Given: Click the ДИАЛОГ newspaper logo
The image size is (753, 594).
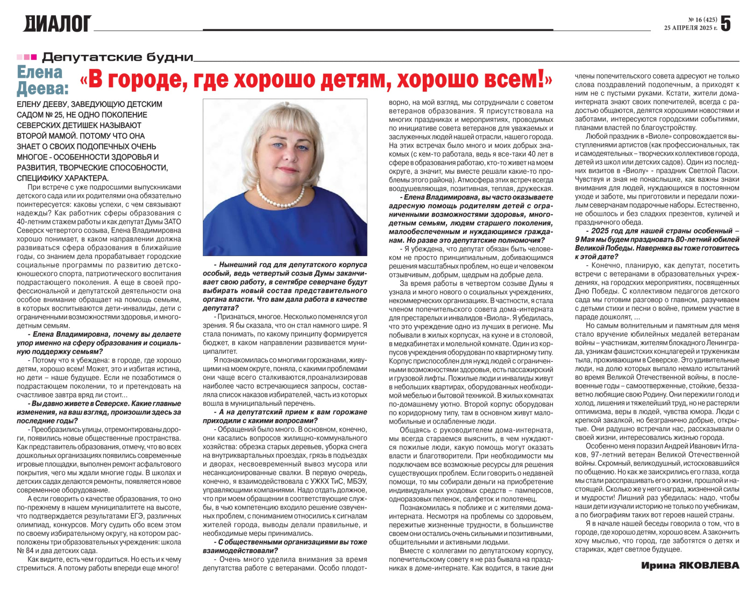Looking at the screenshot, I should pos(57,24).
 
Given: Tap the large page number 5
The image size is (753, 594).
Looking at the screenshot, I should pos(726,23).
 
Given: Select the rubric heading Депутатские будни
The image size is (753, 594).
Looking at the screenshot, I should pos(117,57).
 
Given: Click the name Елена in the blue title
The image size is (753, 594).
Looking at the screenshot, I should pos(40,72).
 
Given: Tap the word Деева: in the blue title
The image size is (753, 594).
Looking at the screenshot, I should pos(43,88).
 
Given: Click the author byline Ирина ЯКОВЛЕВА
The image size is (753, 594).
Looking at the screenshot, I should pos(690,565).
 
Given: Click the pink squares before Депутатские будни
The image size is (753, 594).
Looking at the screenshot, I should pos(27,57).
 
